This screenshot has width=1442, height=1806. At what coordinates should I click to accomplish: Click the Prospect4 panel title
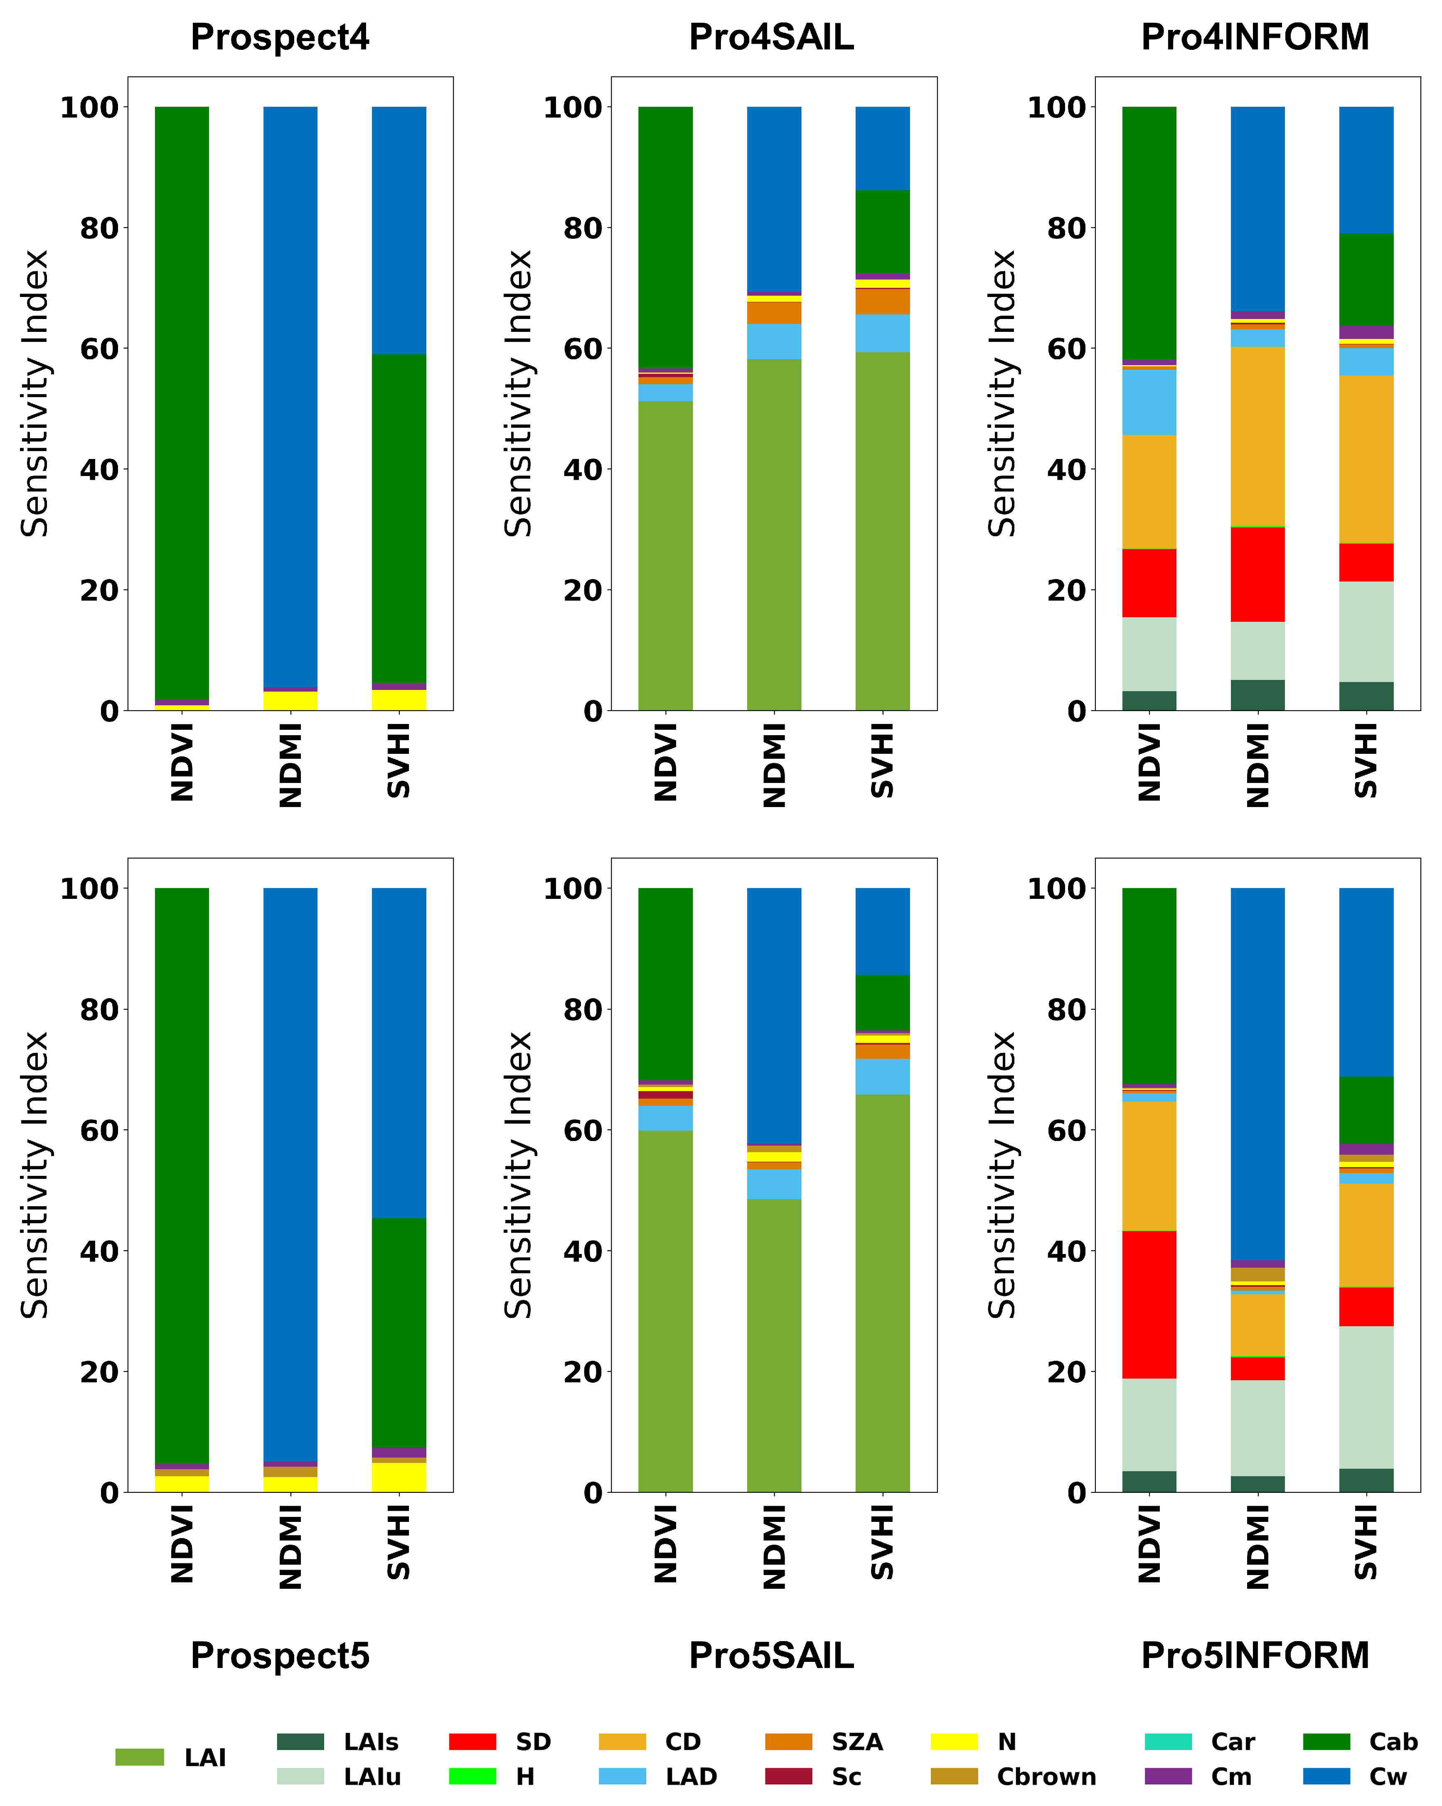(280, 38)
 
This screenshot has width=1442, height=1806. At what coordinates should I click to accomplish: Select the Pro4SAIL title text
(771, 38)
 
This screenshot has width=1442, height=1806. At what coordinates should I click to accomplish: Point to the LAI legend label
(205, 1757)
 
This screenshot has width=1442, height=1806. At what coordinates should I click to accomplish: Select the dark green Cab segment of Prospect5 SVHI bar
(399, 1332)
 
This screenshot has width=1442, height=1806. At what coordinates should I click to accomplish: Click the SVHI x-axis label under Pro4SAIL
(882, 761)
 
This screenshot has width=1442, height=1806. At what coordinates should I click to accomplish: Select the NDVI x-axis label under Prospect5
(182, 1543)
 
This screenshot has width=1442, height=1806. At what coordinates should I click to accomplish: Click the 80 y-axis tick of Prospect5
(99, 1009)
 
